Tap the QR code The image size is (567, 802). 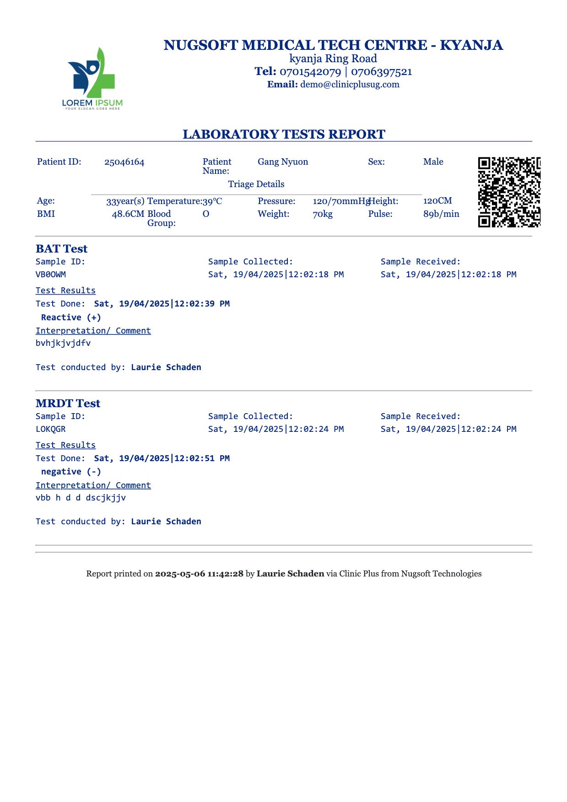(x=509, y=192)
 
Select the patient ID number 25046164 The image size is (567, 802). (x=124, y=162)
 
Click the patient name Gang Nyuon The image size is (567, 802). (x=282, y=161)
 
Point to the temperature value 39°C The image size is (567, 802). (x=212, y=201)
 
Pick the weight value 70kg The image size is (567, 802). (x=323, y=214)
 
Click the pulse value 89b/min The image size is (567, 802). (x=441, y=214)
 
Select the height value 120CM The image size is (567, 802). (x=437, y=201)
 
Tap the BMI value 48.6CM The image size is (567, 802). (x=128, y=214)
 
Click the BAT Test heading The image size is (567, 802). (x=61, y=249)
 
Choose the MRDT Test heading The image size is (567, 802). (x=68, y=404)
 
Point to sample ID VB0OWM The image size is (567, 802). (x=51, y=275)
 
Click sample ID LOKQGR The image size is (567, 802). (x=51, y=429)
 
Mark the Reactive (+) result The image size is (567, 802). (x=71, y=318)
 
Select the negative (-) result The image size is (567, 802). (x=71, y=472)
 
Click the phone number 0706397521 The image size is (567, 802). (x=381, y=72)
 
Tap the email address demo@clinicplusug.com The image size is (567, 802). (x=350, y=85)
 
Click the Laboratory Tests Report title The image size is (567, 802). (x=284, y=134)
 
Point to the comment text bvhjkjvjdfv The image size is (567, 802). (x=63, y=343)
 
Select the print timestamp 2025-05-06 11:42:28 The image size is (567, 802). (x=199, y=574)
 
